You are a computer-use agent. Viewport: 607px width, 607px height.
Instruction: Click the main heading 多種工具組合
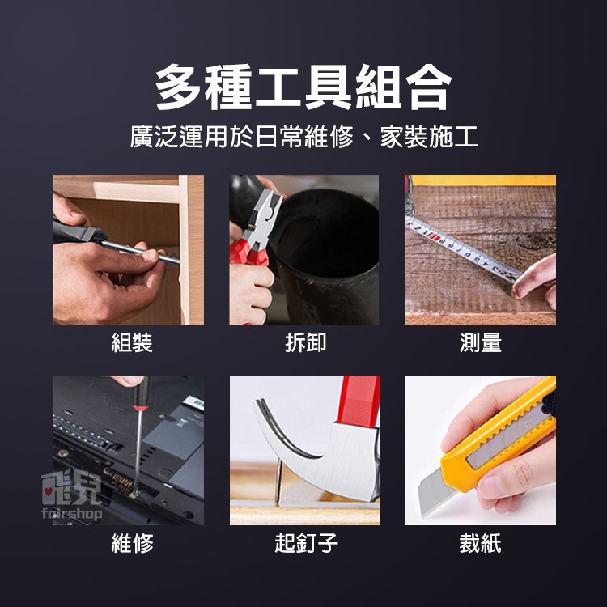coord(303,87)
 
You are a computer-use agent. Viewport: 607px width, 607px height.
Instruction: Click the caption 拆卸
coord(306,343)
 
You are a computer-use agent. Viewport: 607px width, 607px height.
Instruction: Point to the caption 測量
coord(481,343)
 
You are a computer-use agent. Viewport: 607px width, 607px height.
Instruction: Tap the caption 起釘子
coord(306,543)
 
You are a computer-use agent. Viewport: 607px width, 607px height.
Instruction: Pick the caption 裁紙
coord(481,543)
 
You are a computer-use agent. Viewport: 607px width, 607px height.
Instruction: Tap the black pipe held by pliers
coord(332,243)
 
